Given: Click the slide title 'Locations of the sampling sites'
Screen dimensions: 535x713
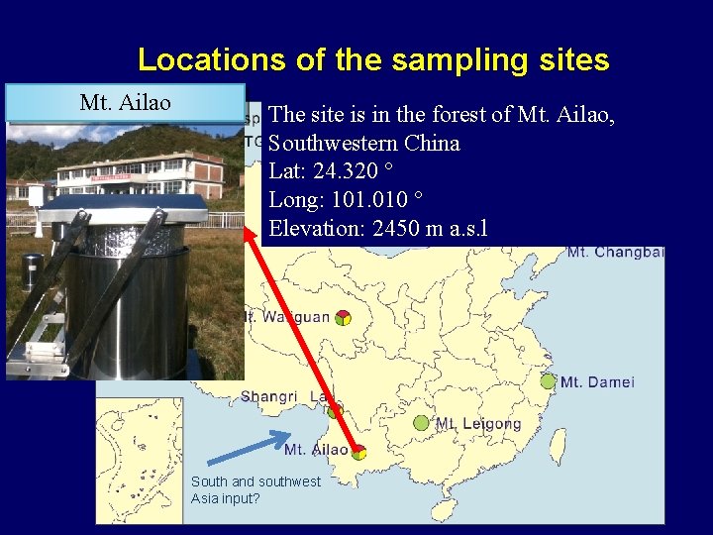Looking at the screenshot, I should (x=373, y=59).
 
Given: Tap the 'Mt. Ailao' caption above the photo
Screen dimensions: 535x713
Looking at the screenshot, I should (x=125, y=102).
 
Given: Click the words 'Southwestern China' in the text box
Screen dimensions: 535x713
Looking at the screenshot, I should (x=364, y=144).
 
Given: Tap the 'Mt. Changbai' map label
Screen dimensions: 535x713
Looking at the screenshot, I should (x=614, y=253).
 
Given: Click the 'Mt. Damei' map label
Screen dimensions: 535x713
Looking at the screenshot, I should (x=597, y=382).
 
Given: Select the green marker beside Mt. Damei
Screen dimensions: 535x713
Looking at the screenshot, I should (x=548, y=381).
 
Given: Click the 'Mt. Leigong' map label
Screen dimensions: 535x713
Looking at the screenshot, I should (x=478, y=424).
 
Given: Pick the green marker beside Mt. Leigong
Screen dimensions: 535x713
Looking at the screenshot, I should (x=421, y=423).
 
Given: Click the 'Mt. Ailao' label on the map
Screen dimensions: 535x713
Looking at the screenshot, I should (x=315, y=450).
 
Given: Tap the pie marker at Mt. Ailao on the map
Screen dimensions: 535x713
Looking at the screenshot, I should (x=358, y=453).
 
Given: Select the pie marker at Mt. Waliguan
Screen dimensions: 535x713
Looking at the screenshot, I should (x=342, y=318).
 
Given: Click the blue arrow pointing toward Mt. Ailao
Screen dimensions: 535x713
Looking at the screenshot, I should (x=249, y=447).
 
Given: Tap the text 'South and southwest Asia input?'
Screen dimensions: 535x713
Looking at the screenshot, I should (x=255, y=489).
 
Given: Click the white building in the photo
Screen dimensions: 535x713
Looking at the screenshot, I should (x=139, y=173).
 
